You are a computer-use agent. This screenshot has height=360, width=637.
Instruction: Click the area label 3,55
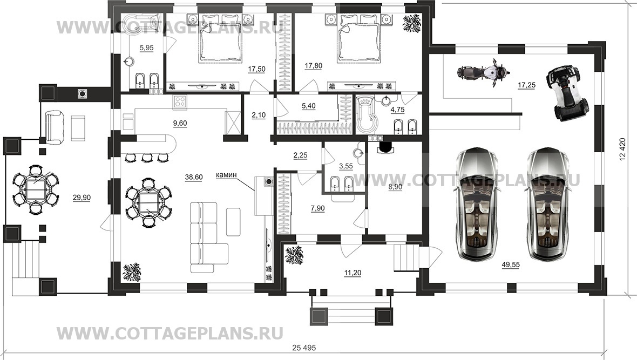tap(345, 166)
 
